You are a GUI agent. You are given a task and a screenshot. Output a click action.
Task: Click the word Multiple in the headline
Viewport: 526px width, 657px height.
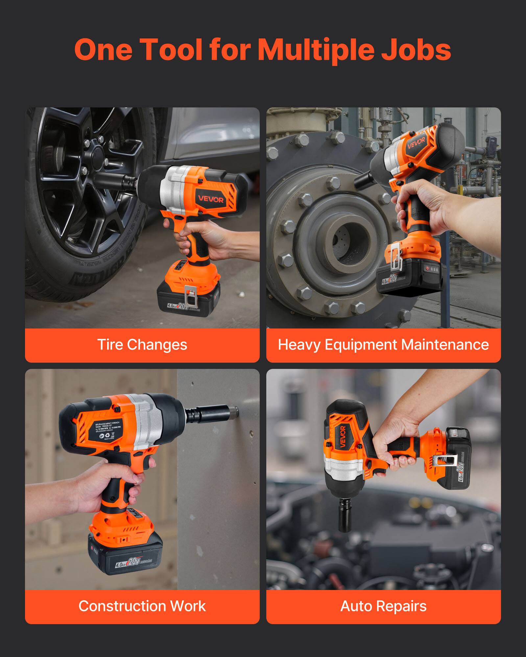(316, 50)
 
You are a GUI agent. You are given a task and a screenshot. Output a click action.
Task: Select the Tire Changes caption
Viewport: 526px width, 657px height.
(142, 345)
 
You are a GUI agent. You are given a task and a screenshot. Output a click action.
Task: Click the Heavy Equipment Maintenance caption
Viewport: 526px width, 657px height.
(383, 345)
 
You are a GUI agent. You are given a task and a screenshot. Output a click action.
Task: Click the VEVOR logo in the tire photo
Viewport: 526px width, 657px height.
(210, 199)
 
